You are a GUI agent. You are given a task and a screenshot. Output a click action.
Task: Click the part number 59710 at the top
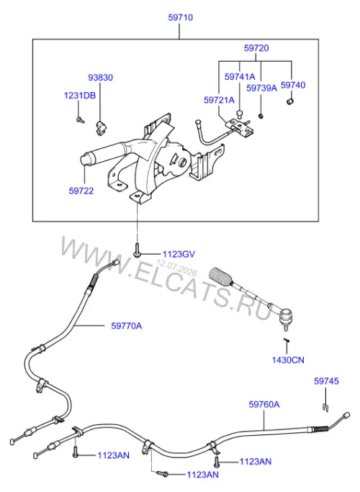(180, 17)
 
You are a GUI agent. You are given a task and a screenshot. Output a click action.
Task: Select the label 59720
(256, 48)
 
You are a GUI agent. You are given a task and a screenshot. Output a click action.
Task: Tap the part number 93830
(100, 78)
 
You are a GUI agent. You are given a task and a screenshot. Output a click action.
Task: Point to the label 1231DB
(80, 96)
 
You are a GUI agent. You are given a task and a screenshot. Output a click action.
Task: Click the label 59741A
(240, 77)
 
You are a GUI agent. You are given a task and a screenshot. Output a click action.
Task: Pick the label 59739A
(261, 88)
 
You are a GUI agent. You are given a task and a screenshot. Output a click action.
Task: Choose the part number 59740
(293, 86)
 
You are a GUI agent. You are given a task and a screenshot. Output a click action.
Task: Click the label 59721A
(219, 100)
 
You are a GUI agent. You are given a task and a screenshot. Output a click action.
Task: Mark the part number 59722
(81, 191)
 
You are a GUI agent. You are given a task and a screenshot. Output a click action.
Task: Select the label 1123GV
(179, 254)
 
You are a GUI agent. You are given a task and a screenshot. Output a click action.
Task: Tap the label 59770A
(126, 326)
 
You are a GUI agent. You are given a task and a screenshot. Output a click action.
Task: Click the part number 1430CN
(288, 360)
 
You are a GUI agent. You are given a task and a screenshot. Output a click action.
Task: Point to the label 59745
(326, 381)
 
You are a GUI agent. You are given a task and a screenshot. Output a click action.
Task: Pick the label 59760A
(264, 404)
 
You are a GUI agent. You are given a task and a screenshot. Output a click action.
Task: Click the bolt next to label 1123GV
(137, 250)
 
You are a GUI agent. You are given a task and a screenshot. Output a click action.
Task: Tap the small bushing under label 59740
(290, 101)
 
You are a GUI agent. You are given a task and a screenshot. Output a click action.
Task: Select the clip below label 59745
(325, 407)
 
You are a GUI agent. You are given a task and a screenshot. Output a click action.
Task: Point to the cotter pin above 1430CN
(286, 340)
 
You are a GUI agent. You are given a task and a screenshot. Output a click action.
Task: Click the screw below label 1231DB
(81, 119)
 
